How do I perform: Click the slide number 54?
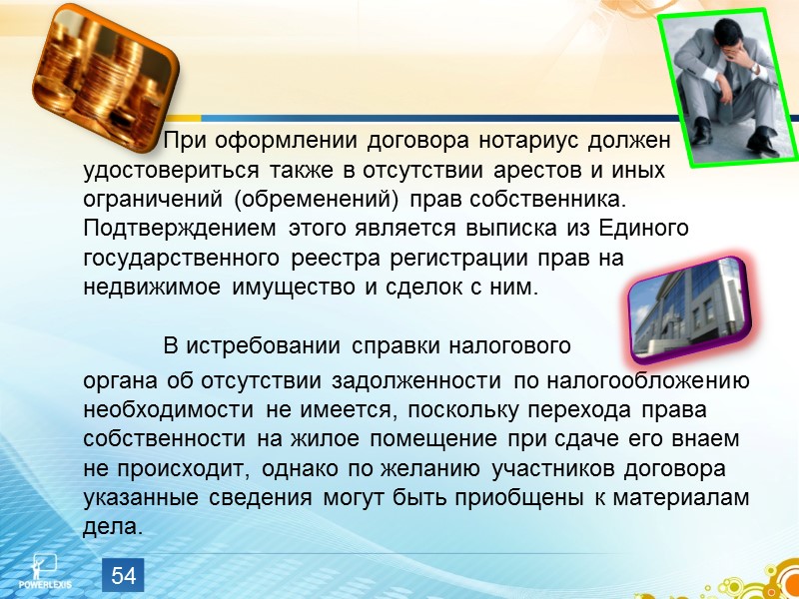(x=124, y=575)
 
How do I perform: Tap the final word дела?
(x=113, y=528)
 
